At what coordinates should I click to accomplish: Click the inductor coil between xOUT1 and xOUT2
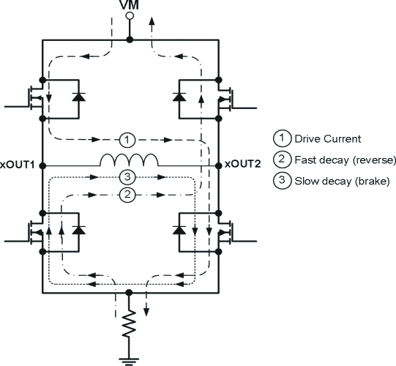point(129,160)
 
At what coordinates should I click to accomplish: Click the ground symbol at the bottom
point(130,358)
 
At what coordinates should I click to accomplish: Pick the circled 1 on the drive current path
point(125,138)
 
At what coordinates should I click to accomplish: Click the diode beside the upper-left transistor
point(76,97)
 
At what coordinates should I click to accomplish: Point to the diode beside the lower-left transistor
point(76,228)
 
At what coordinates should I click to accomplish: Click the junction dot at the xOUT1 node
point(42,164)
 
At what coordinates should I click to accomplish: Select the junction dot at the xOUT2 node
point(218,164)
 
